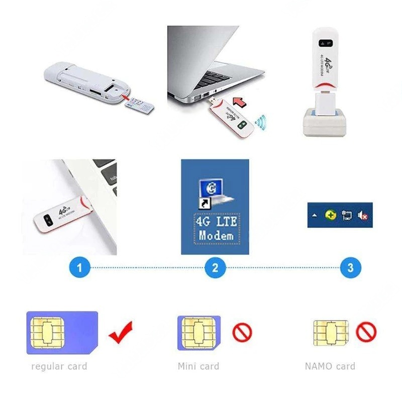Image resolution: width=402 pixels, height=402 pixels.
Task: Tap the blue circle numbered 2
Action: (216, 268)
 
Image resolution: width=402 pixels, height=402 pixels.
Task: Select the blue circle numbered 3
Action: (350, 268)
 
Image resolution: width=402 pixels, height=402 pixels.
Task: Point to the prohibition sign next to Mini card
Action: (242, 332)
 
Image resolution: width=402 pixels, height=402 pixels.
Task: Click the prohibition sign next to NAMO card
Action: (366, 332)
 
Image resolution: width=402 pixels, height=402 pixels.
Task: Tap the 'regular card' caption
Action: (59, 366)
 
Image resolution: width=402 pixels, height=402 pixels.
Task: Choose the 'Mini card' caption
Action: (198, 366)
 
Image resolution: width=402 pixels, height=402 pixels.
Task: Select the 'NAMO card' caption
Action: (330, 366)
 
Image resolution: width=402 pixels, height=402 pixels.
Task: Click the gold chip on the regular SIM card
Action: (46, 332)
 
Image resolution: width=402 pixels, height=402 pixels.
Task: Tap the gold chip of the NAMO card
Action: (324, 332)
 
